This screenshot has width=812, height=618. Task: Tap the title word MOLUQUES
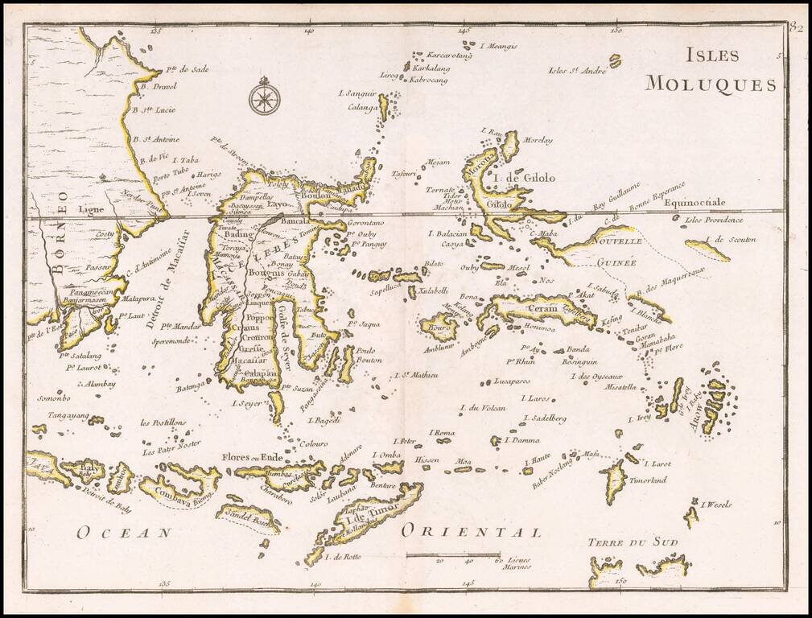click(711, 84)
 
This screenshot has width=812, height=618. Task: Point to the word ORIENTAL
click(471, 530)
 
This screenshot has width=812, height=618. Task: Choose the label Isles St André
click(576, 70)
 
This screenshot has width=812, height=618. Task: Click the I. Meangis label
click(498, 46)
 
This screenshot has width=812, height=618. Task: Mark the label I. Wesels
click(715, 505)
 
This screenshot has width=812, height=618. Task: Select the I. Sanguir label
click(361, 93)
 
